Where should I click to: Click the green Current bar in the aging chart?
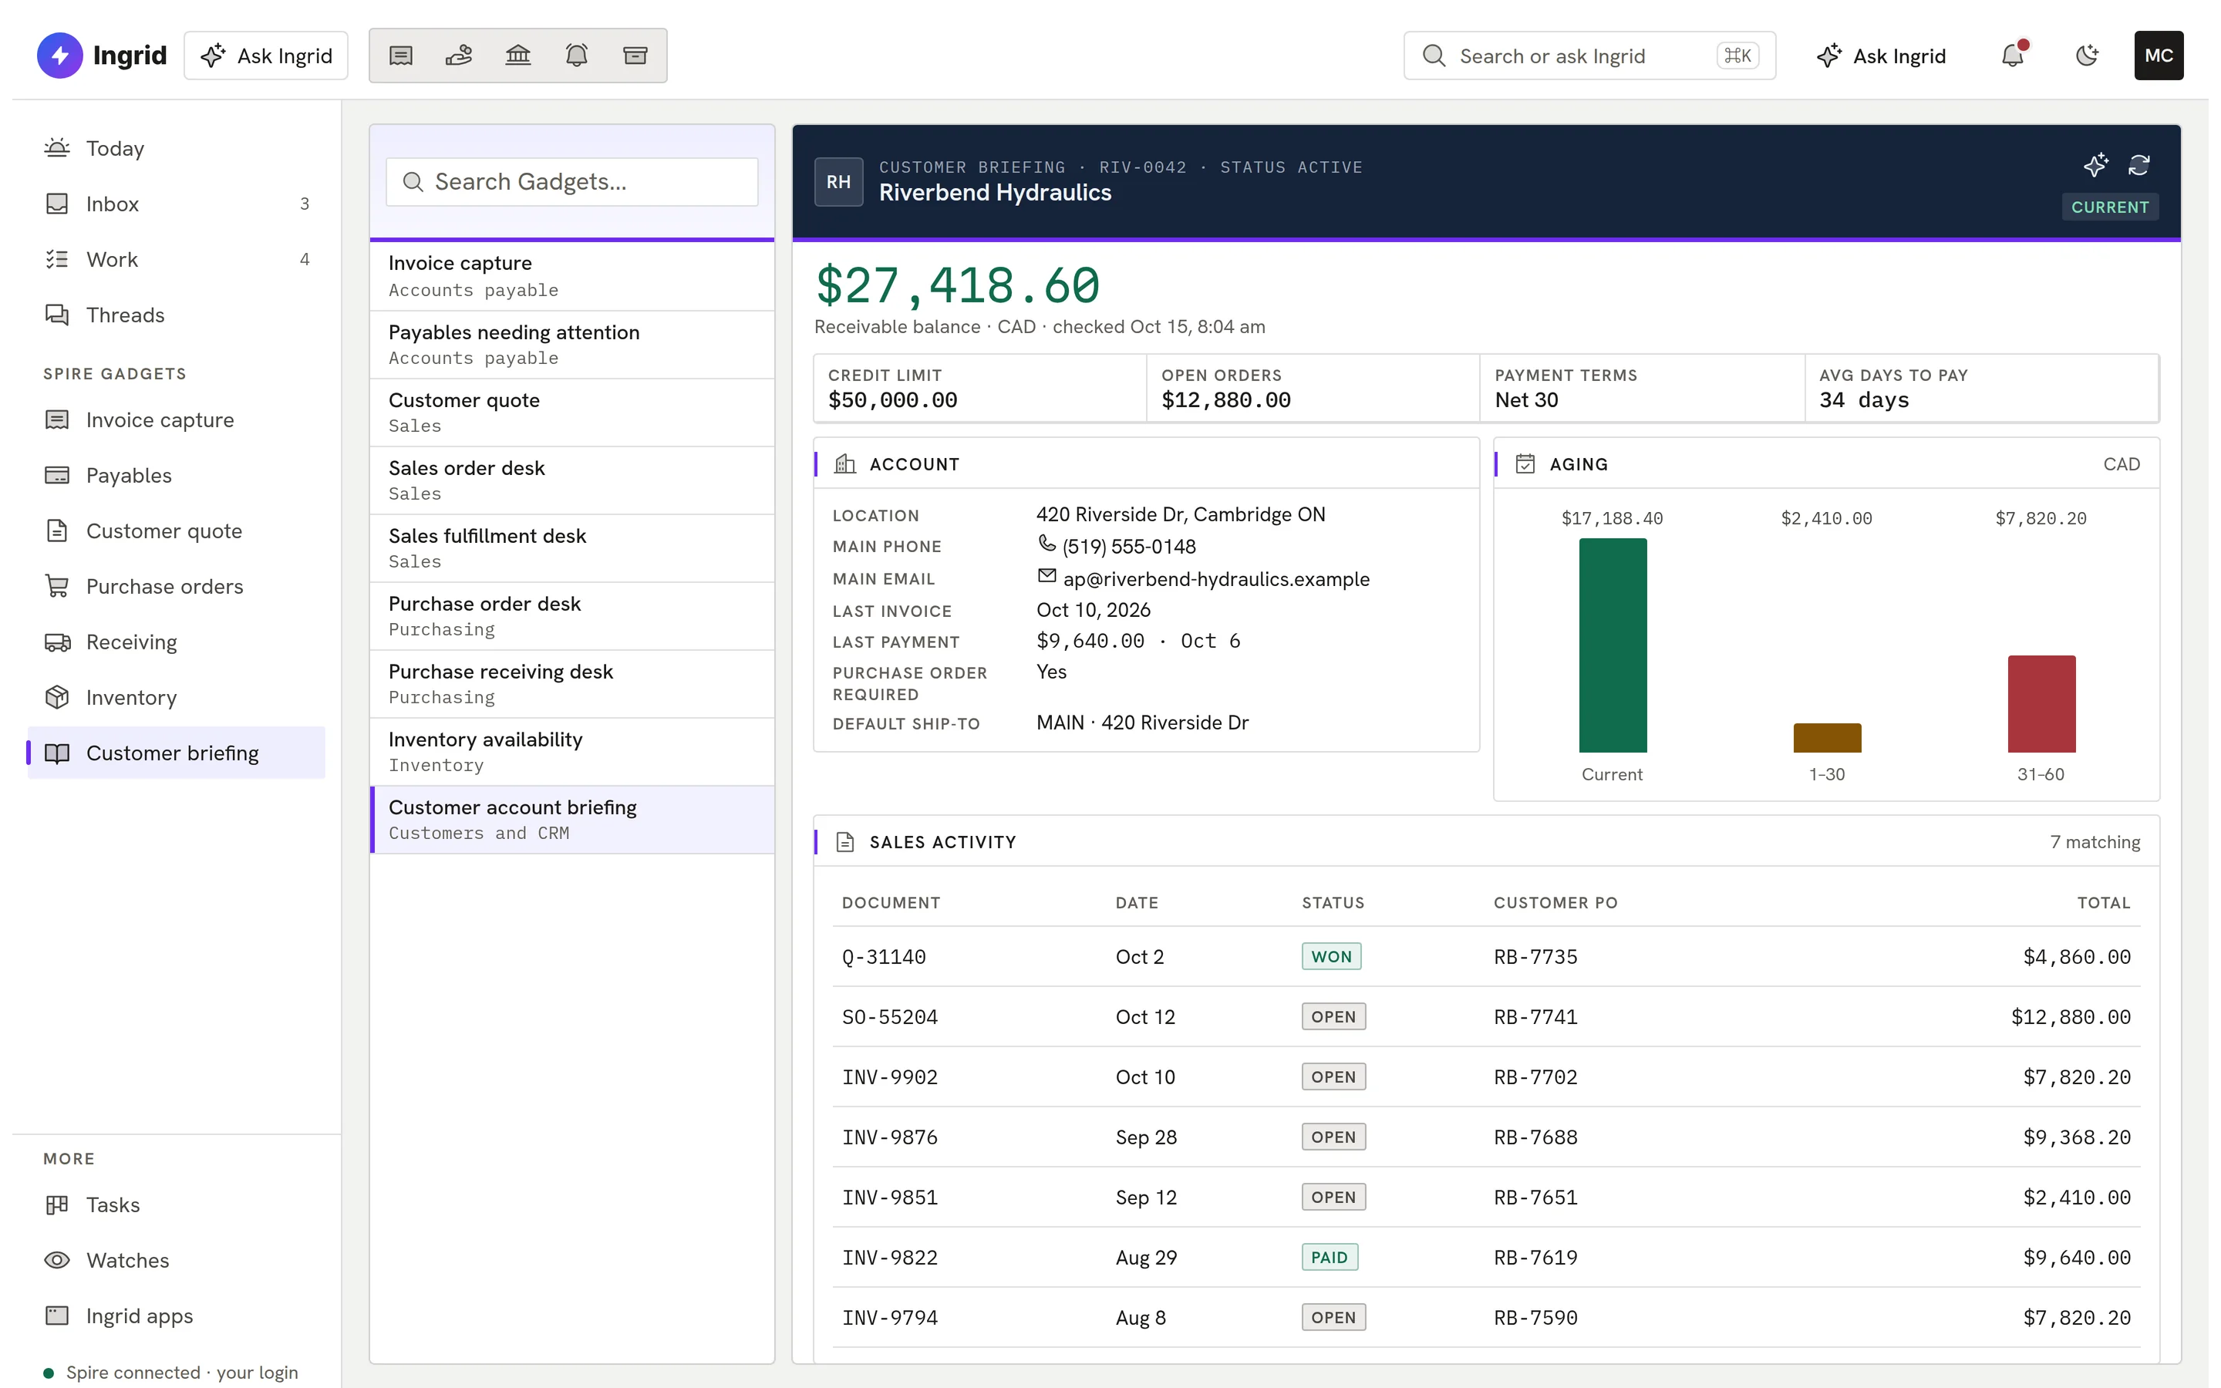[1613, 645]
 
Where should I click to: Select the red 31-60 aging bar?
[2041, 704]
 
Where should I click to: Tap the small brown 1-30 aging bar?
[1827, 738]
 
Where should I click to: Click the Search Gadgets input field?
[571, 182]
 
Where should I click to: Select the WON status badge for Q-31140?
[1331, 956]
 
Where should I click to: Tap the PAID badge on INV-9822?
[1329, 1258]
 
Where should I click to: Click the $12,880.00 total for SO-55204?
[2071, 1017]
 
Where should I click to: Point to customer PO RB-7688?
[1535, 1137]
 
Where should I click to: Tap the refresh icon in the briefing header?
[2139, 165]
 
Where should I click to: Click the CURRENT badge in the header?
[2110, 207]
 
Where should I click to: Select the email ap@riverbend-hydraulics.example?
[1216, 579]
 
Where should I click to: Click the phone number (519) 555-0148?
[1129, 547]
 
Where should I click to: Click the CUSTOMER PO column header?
[1555, 903]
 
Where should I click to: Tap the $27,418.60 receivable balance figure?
[957, 285]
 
